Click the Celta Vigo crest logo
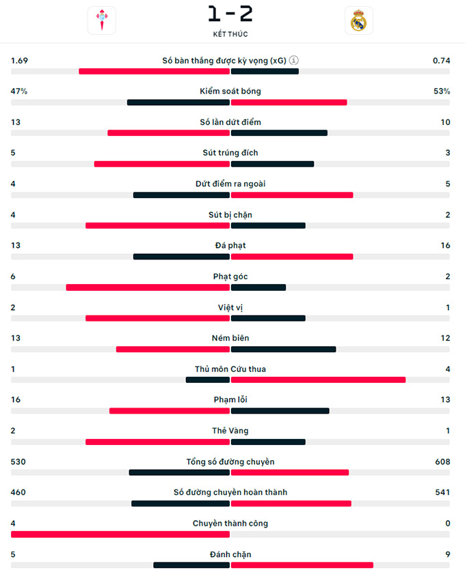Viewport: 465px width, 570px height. click(101, 20)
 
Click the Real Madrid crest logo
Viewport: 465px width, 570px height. click(358, 20)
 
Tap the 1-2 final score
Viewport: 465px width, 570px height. click(230, 13)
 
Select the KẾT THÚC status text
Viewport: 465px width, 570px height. click(230, 34)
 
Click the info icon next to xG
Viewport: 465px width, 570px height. click(294, 60)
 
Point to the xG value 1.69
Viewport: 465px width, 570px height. click(19, 61)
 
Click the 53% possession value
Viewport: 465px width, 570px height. click(441, 91)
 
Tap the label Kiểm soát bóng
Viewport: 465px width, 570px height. click(230, 91)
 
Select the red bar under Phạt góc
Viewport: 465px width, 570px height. click(148, 287)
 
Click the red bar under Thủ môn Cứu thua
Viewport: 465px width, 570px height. click(318, 380)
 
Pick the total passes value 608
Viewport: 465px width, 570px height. click(442, 462)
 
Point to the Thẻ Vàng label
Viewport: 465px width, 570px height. click(230, 431)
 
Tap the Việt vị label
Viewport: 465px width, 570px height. click(230, 308)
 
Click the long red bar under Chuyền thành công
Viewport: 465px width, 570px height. click(120, 535)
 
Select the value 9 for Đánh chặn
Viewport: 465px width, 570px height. click(447, 555)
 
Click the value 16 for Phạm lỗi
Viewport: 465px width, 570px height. click(16, 400)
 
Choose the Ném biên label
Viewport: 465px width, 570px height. click(230, 339)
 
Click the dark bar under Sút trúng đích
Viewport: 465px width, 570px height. click(272, 164)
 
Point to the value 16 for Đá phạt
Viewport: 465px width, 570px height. click(445, 246)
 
